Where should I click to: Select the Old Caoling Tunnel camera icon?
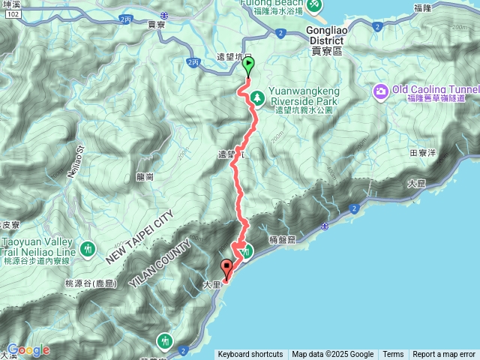(x=381, y=91)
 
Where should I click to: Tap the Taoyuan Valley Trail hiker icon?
(x=88, y=246)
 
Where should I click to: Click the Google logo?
(x=28, y=349)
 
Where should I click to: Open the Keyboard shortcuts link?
(x=250, y=355)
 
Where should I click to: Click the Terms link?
(x=393, y=355)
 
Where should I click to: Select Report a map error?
(x=444, y=355)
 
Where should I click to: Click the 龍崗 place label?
(x=145, y=177)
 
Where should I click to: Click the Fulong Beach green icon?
(x=316, y=5)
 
